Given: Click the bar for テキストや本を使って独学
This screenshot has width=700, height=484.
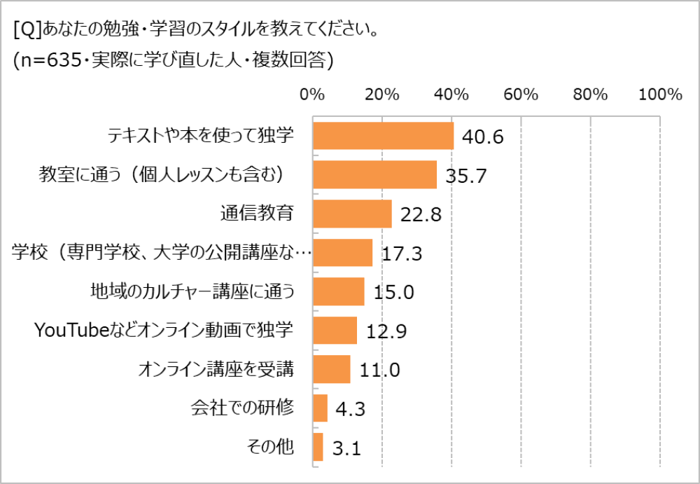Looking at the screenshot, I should (383, 136).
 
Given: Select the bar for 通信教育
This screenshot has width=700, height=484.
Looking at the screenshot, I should (352, 214).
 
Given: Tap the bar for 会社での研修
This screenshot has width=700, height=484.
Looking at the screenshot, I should (320, 408).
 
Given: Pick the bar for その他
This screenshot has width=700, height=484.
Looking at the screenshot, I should (318, 447).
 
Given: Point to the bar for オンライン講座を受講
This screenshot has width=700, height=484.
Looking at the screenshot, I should (331, 369).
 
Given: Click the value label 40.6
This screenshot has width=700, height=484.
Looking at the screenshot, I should (483, 137).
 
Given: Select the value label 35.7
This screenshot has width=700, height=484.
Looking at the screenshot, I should (465, 175).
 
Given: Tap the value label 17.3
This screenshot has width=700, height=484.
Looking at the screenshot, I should (402, 253).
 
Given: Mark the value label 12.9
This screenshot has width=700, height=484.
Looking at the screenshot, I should (386, 331).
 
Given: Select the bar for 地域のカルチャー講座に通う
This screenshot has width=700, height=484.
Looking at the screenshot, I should (338, 291).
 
